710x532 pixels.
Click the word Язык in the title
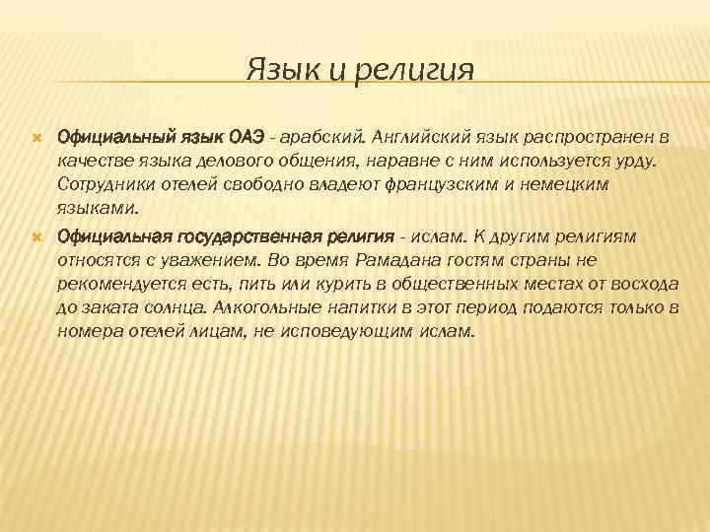[279, 70]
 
